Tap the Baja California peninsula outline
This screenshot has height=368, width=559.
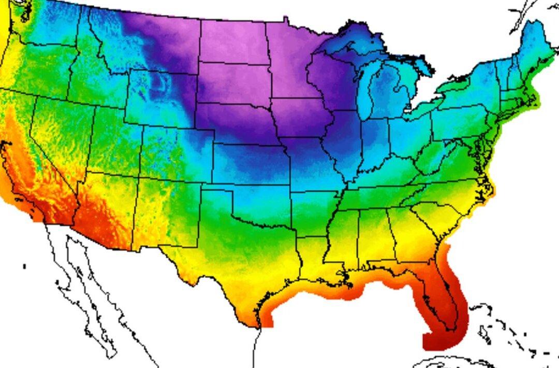coord(78,290)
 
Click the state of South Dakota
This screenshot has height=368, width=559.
coord(233,83)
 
